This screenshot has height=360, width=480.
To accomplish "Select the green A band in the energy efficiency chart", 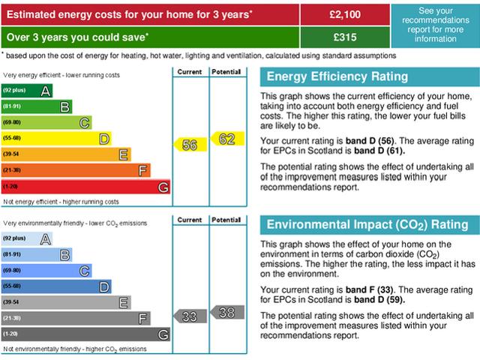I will (x=27, y=91).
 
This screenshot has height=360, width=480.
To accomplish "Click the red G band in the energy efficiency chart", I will (x=85, y=187).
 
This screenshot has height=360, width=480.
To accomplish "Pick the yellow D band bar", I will (x=56, y=139).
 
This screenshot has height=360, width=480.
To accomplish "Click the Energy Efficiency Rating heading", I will (x=338, y=76).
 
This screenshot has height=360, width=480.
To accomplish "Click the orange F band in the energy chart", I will (x=76, y=170).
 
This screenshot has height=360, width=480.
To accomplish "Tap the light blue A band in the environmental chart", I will (x=27, y=238).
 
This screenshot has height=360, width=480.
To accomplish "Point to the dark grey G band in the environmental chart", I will (x=85, y=334).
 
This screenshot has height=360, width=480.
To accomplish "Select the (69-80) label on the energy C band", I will (x=12, y=122).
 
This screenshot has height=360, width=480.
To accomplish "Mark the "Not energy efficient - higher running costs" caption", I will (x=61, y=202).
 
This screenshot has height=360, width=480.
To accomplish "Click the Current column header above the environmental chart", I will (x=190, y=220).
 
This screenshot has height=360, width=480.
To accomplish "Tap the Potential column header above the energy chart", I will (x=226, y=71).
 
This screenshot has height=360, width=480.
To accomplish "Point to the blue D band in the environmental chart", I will (x=56, y=286).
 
